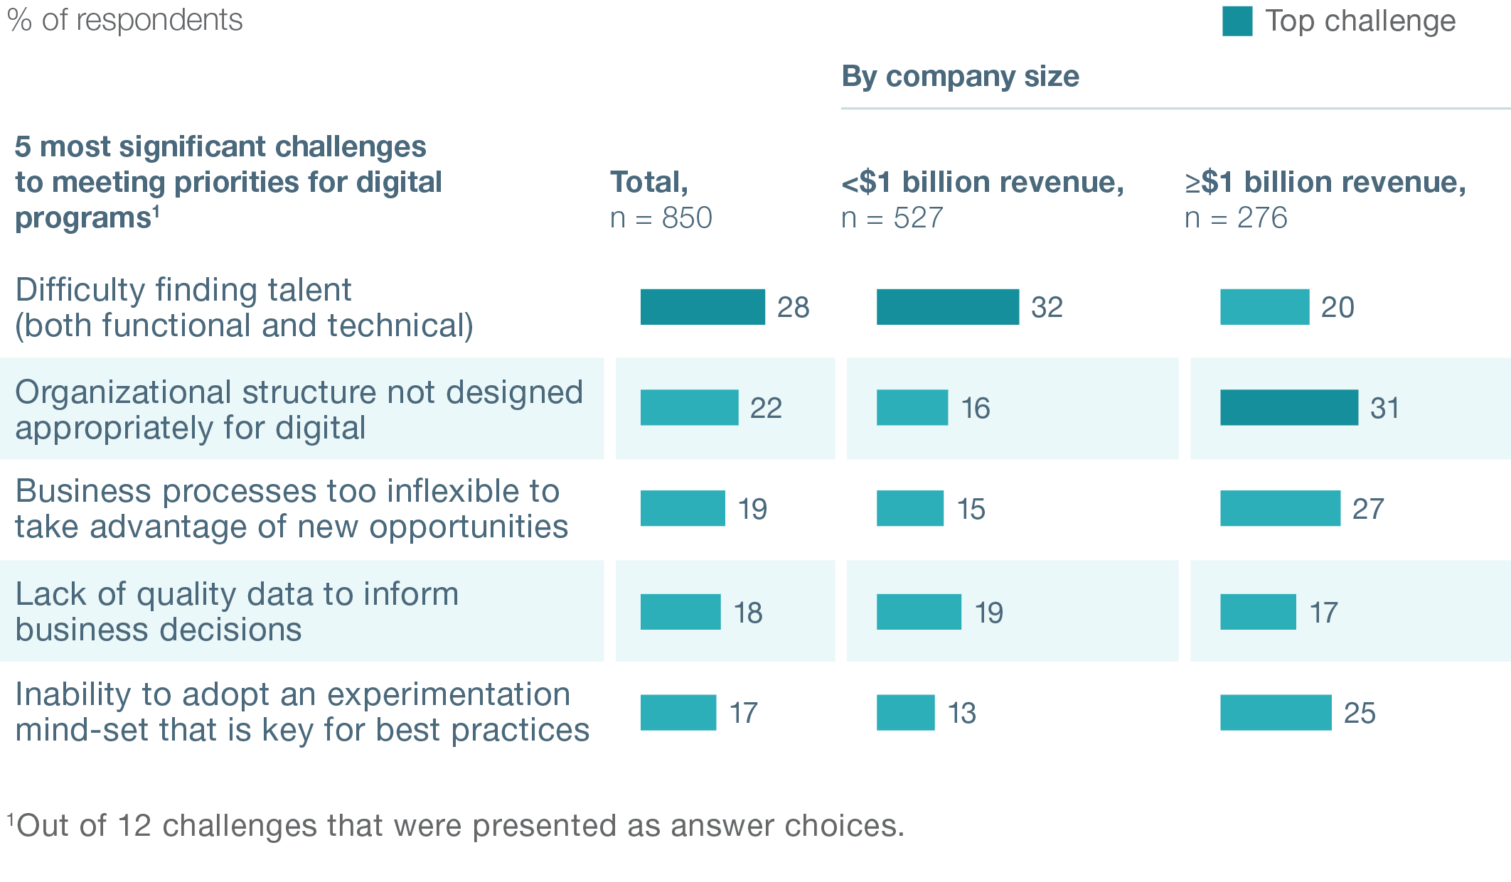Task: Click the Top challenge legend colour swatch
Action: point(1237,21)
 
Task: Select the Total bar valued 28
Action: point(703,307)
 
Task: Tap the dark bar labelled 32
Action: point(947,307)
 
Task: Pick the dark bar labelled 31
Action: point(1288,407)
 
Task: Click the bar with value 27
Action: point(1280,508)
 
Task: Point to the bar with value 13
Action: point(905,712)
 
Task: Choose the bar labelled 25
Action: point(1276,712)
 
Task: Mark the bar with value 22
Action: point(689,407)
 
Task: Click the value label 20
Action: point(1338,308)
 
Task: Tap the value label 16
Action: point(976,409)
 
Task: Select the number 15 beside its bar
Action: point(971,510)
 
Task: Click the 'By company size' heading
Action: point(960,77)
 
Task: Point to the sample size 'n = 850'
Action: point(661,217)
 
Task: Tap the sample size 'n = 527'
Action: point(892,217)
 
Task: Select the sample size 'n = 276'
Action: point(1236,217)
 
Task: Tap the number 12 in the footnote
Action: point(134,826)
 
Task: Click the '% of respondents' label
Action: point(125,21)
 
